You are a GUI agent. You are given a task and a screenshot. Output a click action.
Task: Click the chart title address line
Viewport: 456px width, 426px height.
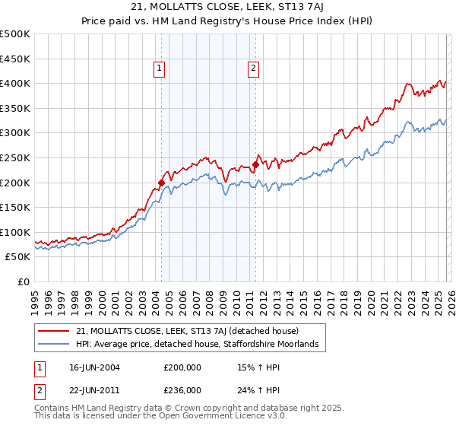pos(228,8)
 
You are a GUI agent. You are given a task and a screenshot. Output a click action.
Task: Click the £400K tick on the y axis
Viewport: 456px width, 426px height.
pos(15,83)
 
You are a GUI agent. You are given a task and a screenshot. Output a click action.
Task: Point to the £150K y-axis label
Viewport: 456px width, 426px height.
pos(15,207)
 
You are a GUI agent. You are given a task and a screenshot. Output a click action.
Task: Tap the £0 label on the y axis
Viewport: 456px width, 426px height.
pos(23,281)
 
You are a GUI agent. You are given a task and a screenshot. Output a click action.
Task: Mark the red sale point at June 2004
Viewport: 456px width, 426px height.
pos(161,183)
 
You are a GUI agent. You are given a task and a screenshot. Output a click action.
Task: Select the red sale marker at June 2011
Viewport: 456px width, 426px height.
pos(255,164)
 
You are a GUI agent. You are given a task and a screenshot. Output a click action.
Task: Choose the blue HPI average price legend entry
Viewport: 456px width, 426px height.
pos(201,345)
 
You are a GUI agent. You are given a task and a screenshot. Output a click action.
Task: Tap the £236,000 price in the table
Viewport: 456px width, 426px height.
pos(182,389)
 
